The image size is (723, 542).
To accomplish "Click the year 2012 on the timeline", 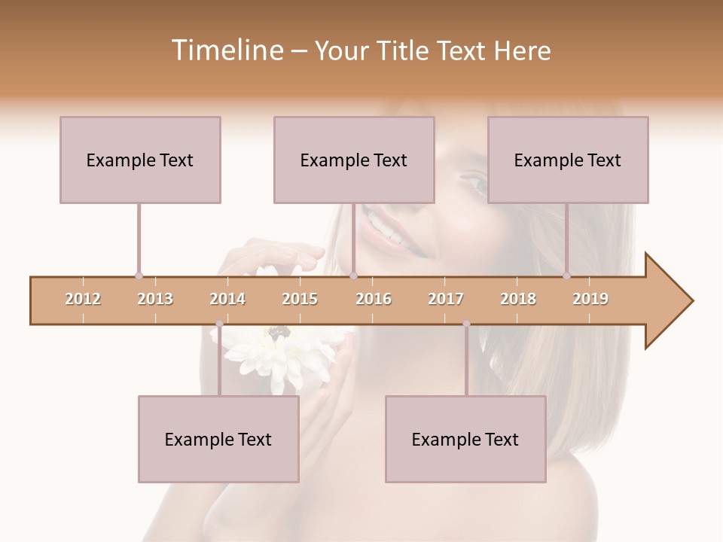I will tap(83, 299).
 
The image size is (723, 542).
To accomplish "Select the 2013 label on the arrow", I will tap(155, 299).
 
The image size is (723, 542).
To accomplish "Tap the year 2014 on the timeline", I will tap(227, 299).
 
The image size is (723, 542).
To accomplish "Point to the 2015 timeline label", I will tap(300, 299).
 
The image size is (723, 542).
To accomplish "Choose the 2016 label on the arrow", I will tap(374, 299).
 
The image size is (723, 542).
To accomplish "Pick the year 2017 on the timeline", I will tap(446, 299).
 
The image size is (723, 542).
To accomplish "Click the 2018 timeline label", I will tap(518, 299).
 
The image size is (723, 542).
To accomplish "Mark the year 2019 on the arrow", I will tap(590, 299).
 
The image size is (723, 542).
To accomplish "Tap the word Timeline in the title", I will tap(225, 50).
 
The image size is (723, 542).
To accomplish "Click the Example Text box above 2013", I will tap(140, 160).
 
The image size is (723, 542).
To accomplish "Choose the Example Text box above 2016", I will tap(354, 160).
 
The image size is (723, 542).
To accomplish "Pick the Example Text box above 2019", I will tap(568, 160).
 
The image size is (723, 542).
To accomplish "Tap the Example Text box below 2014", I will tap(218, 439).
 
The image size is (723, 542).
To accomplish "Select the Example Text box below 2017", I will tap(465, 439).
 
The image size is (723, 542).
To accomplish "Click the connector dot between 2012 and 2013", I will tap(139, 276).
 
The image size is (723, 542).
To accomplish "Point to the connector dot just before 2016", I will tap(353, 276).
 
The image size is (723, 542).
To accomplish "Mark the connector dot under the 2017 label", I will tap(466, 324).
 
